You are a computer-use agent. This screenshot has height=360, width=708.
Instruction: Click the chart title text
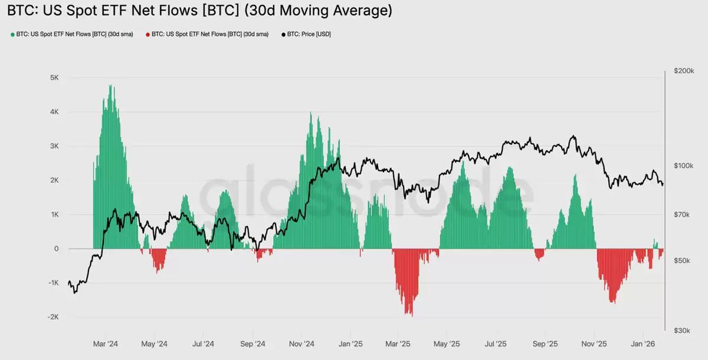(x=199, y=11)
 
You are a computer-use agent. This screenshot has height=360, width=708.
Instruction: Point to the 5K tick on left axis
(x=54, y=78)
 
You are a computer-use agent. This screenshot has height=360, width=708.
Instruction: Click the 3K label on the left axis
(x=54, y=146)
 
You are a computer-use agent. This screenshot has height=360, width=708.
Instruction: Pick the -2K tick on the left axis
(x=53, y=317)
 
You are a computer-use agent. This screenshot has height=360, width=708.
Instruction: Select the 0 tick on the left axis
(x=56, y=248)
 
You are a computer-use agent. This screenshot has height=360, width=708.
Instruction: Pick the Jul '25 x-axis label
(x=496, y=343)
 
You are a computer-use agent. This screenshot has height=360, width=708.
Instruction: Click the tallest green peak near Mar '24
(x=110, y=86)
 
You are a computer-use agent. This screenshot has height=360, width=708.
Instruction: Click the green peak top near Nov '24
(x=310, y=113)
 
